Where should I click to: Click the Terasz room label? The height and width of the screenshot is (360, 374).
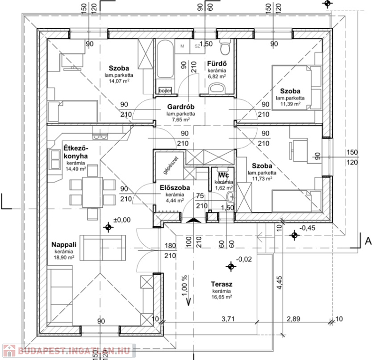222,284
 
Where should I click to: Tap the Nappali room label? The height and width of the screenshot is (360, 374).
65,245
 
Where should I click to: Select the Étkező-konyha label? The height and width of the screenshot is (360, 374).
75,153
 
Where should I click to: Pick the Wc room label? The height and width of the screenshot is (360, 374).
223,175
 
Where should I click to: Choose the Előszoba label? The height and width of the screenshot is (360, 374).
175,188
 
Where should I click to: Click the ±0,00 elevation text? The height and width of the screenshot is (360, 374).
123,219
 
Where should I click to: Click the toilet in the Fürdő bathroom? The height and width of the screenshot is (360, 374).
226,47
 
